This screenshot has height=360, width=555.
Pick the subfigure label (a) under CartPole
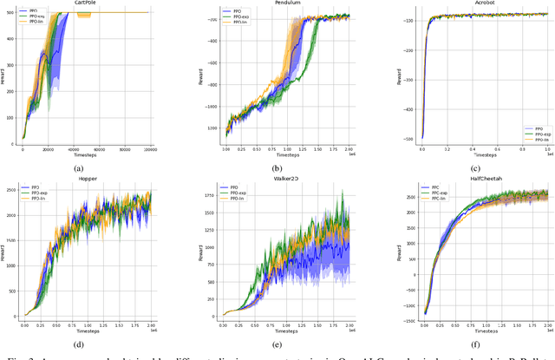[x=79, y=168]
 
